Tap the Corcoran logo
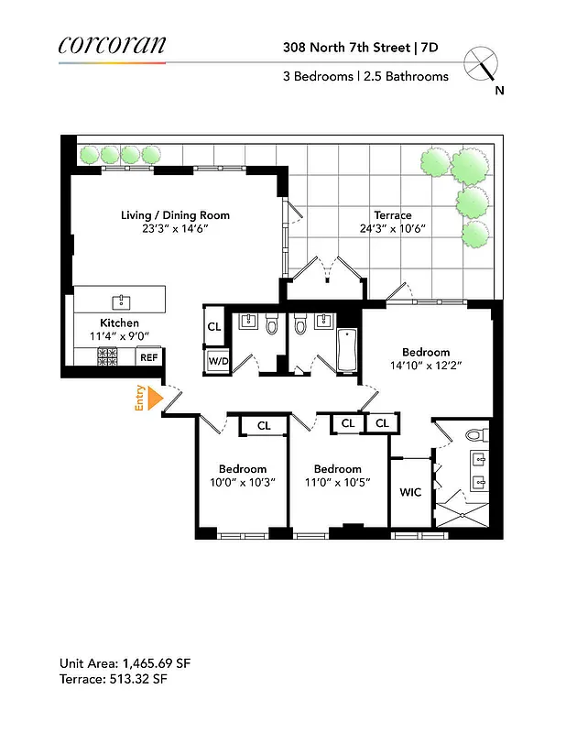click(111, 45)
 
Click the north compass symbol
click(482, 66)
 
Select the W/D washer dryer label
click(218, 361)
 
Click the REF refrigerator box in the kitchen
click(148, 358)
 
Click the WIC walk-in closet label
click(410, 492)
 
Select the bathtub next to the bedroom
click(347, 351)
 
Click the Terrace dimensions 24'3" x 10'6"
click(392, 229)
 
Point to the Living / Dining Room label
click(175, 215)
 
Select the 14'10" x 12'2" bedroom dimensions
click(426, 365)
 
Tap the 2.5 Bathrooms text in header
click(408, 77)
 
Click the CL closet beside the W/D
click(214, 326)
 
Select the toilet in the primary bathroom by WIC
click(474, 434)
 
